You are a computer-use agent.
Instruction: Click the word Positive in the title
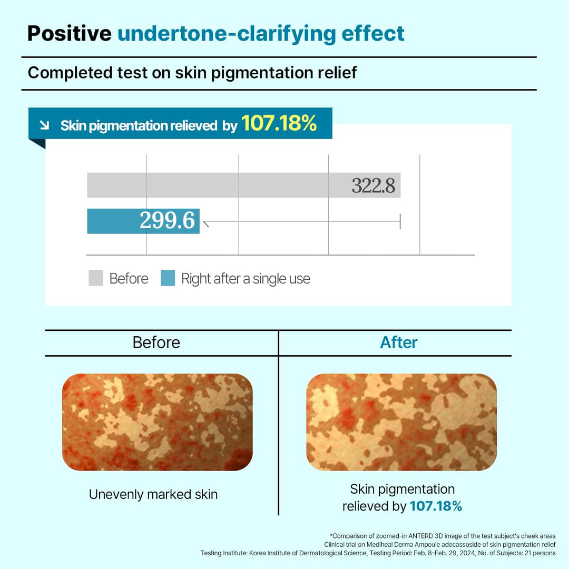click(x=69, y=33)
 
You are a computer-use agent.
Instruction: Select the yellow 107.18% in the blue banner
click(x=279, y=124)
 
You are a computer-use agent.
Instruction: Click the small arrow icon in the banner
click(x=45, y=125)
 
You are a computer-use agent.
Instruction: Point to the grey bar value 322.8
click(x=373, y=185)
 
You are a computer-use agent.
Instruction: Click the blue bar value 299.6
click(x=167, y=221)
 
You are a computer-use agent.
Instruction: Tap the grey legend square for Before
click(x=95, y=278)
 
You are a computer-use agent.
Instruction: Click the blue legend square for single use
click(x=168, y=278)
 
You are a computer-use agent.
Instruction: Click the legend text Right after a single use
click(x=246, y=279)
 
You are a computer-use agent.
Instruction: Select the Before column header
click(x=156, y=342)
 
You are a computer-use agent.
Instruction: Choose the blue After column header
click(x=399, y=342)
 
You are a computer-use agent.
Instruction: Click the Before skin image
click(x=157, y=422)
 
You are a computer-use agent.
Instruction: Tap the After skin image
click(x=401, y=422)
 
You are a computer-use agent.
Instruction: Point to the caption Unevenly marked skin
click(x=153, y=494)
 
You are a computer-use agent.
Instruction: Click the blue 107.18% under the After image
click(x=436, y=506)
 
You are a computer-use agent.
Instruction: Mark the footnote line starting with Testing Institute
click(x=377, y=553)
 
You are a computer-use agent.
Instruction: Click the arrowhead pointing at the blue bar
click(x=207, y=224)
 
